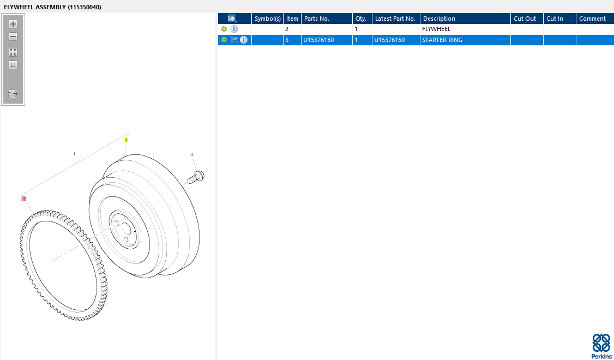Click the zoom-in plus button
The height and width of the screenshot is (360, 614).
[x=13, y=24]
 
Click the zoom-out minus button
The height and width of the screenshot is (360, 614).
[x=13, y=37]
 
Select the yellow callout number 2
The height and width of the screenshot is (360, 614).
[x=126, y=140]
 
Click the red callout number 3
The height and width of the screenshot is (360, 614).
[x=25, y=199]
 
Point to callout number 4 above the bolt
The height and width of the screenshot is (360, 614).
[x=192, y=155]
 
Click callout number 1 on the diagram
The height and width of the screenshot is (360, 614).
[x=74, y=154]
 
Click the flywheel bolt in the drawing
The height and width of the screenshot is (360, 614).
[x=196, y=177]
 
